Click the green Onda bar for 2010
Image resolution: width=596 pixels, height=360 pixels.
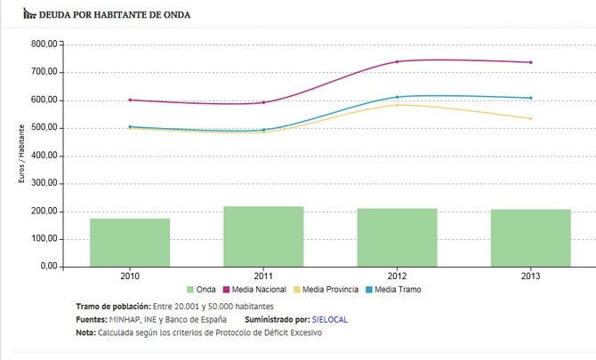(x=130, y=242)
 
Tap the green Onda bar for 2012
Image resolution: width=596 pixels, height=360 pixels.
(x=397, y=237)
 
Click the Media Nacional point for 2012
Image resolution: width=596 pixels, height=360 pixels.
(x=397, y=61)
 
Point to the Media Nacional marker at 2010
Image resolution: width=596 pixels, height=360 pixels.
(x=130, y=100)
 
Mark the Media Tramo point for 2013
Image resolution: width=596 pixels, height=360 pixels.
(x=530, y=98)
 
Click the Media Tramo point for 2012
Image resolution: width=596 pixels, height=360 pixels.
(x=397, y=97)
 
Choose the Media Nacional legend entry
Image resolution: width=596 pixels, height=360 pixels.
(x=257, y=290)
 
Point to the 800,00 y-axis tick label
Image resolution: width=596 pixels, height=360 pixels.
(x=44, y=44)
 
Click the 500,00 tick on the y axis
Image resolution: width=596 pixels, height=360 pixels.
(x=44, y=127)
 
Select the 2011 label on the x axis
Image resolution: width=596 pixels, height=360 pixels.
(x=263, y=276)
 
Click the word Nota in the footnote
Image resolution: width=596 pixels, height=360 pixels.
(x=87, y=332)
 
